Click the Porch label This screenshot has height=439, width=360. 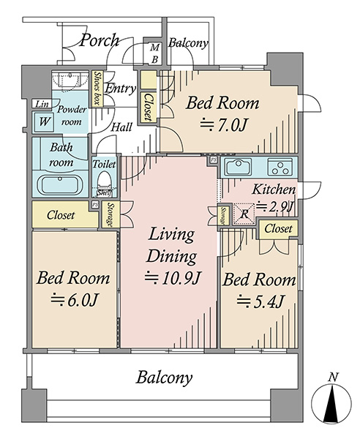click(100, 41)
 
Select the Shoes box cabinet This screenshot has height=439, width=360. click(97, 89)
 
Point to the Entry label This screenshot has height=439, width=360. click(121, 89)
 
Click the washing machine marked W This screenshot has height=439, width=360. click(43, 121)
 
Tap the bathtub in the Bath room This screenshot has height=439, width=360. click(60, 185)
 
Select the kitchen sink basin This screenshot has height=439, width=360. click(239, 167)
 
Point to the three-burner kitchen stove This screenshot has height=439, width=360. click(280, 167)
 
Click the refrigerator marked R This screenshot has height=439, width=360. click(244, 214)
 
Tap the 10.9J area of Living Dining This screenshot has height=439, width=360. click(173, 278)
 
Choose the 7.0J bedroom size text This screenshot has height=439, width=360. click(223, 125)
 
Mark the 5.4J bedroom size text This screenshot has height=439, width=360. click(261, 301)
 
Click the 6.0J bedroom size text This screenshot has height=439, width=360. click(74, 299)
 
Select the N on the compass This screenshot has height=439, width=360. click(333, 378)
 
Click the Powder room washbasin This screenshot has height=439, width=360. click(70, 80)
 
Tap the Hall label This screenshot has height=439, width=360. click(121, 127)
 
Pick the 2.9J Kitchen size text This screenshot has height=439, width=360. click(274, 207)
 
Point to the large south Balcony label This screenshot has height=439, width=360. click(165, 378)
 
